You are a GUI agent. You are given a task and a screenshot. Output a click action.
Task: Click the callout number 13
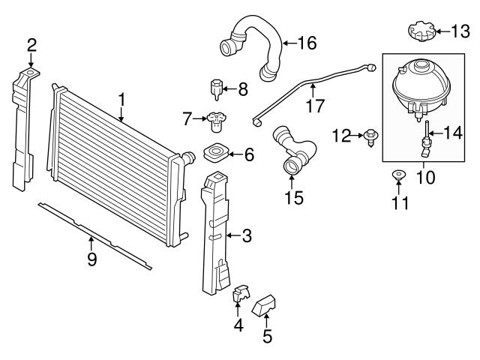pyautogui.click(x=460, y=31)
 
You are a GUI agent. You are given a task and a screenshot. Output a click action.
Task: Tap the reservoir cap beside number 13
pyautogui.click(x=421, y=31)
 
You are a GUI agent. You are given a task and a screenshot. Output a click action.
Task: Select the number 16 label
pyautogui.click(x=307, y=43)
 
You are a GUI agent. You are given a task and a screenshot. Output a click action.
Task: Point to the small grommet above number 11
pyautogui.click(x=398, y=175)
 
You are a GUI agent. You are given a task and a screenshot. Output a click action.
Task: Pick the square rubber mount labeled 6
pyautogui.click(x=216, y=152)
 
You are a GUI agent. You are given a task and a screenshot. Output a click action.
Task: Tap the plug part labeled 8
pyautogui.click(x=217, y=89)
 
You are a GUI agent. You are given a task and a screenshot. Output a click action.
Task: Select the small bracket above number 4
pyautogui.click(x=241, y=292)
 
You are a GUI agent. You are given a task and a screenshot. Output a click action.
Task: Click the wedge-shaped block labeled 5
pyautogui.click(x=263, y=306)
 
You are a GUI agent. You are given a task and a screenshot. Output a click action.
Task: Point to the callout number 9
pyautogui.click(x=91, y=259)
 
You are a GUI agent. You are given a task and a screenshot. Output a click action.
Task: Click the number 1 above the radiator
pyautogui.click(x=121, y=100)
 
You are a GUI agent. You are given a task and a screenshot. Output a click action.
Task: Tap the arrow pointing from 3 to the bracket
pyautogui.click(x=234, y=235)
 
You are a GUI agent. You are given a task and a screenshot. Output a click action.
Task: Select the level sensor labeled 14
pyautogui.click(x=425, y=139)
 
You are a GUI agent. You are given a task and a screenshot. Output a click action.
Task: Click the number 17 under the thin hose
pyautogui.click(x=315, y=106)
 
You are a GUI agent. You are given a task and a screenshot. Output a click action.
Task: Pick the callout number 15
pyautogui.click(x=294, y=197)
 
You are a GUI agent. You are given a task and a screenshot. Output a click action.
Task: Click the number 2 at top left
pyautogui.click(x=31, y=45)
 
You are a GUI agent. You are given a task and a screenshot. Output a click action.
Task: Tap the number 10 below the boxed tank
pyautogui.click(x=425, y=177)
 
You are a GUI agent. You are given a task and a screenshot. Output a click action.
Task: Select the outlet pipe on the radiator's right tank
pyautogui.click(x=189, y=157)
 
